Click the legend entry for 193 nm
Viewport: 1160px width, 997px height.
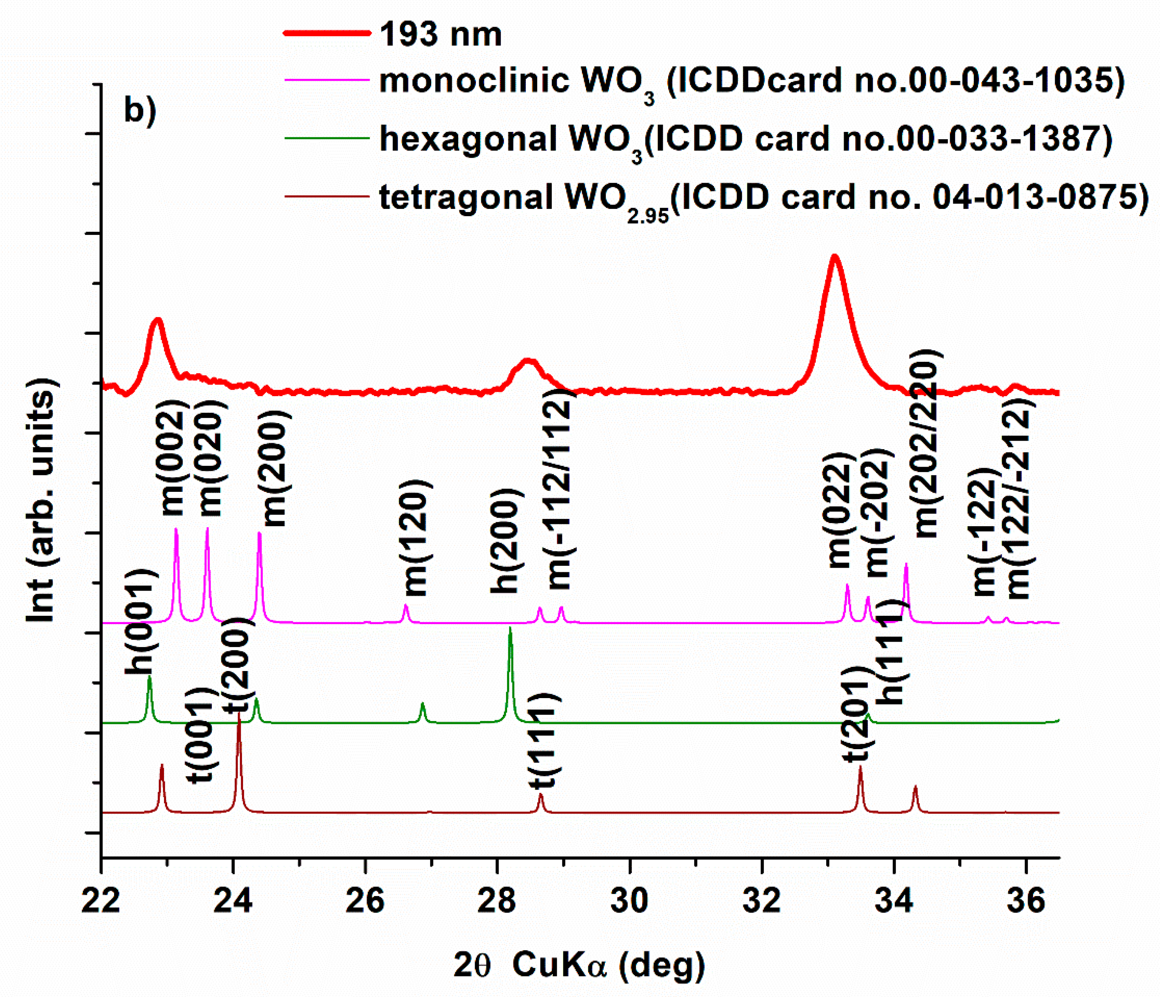click(x=440, y=35)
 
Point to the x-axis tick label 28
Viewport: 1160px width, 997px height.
click(x=496, y=901)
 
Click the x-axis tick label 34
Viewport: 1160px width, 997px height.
click(x=894, y=901)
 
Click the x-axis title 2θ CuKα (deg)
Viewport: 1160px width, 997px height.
click(x=580, y=965)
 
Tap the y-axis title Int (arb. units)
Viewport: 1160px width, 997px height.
click(x=42, y=499)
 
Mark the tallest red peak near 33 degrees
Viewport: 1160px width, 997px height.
click(x=835, y=257)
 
